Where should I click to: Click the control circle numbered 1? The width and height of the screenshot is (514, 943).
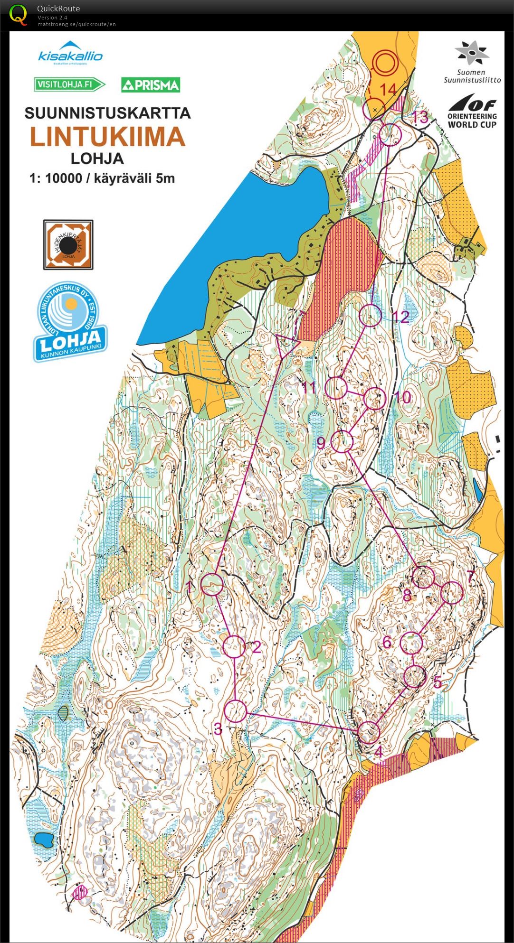212,584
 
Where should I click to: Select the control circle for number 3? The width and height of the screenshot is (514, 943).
235,711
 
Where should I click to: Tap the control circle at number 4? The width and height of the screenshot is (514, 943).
369,732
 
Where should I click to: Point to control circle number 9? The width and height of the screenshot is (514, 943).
342,441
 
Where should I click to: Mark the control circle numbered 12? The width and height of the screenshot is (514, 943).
370,315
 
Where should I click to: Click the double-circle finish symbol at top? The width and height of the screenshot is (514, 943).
383,61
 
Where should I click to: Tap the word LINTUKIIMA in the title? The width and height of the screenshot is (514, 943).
107,137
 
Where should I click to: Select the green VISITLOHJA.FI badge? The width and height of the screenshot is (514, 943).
69,85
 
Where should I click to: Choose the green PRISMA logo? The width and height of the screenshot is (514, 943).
151,85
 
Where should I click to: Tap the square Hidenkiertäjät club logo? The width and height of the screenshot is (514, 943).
68,244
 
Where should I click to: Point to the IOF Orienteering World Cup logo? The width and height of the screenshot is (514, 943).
472,112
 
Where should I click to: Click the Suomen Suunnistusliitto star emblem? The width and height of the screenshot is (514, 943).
472,52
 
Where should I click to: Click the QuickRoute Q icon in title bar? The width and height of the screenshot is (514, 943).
18,14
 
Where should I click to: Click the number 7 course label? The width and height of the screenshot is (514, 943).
471,577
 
